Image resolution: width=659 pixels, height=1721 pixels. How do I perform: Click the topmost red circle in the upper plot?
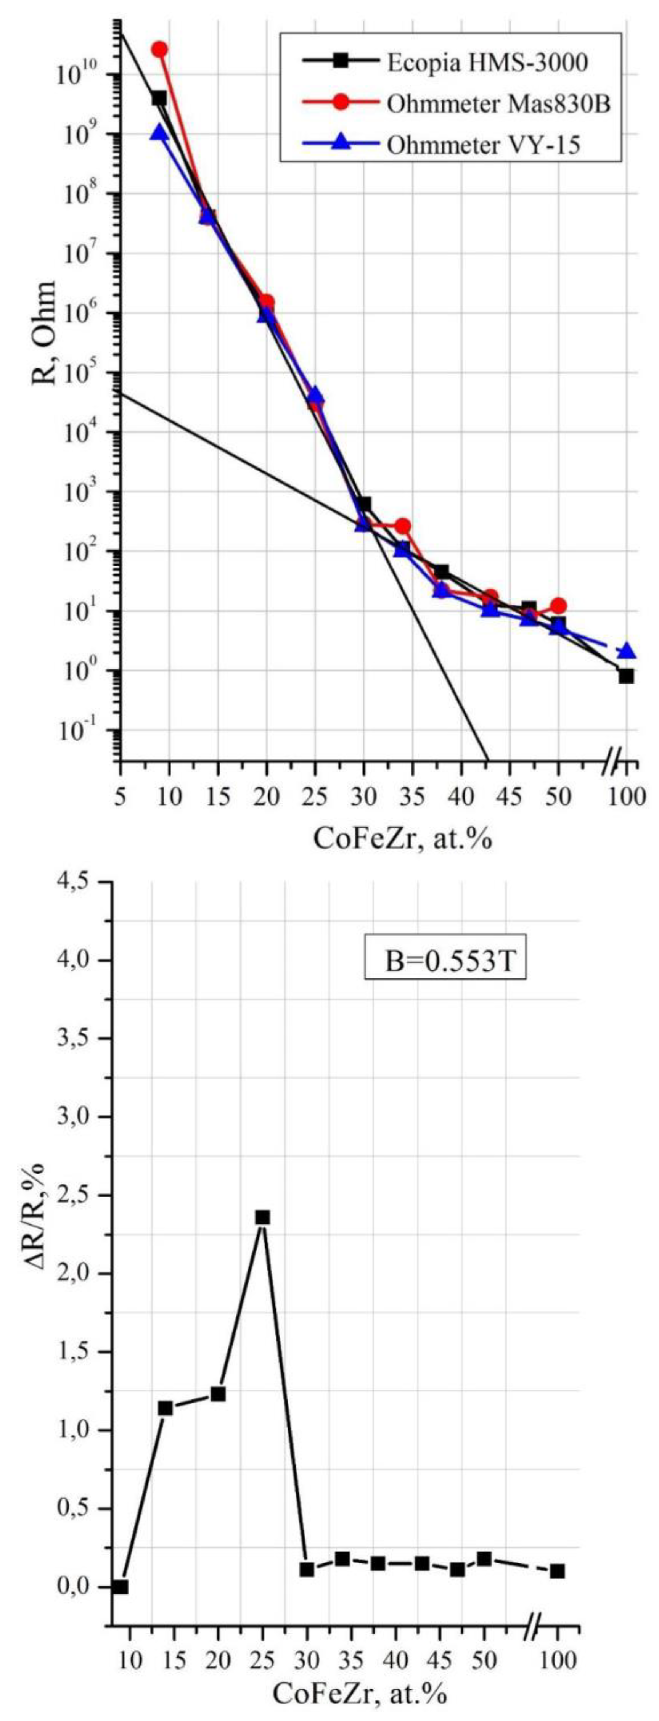[x=159, y=50]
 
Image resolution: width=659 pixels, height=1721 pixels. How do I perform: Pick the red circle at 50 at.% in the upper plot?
[x=558, y=606]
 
